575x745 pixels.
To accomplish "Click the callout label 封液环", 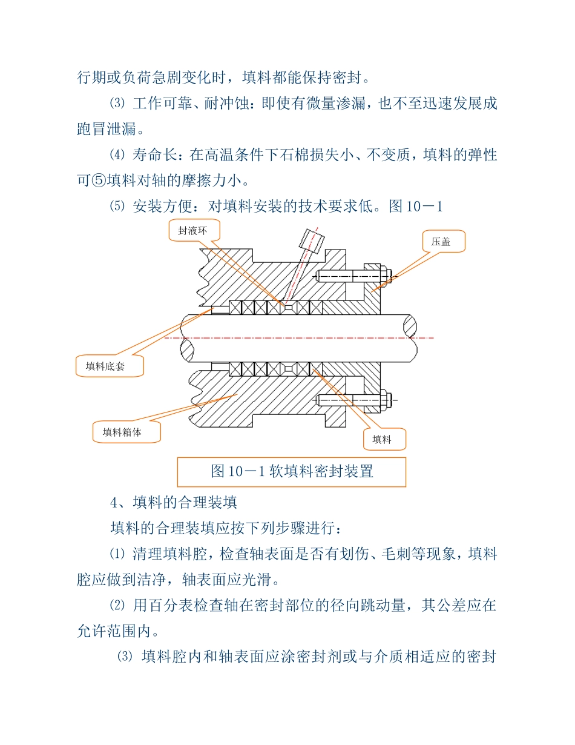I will tap(194, 231).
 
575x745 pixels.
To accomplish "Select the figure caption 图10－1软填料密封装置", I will tap(291, 471).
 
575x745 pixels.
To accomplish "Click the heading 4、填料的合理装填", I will tap(173, 502).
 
